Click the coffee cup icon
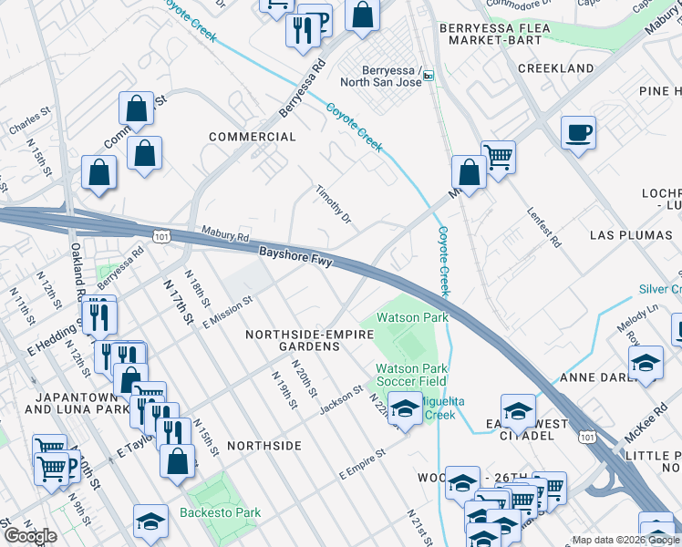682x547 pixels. pos(578,133)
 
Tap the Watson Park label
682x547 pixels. pos(412,318)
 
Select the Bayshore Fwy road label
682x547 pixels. pos(295,255)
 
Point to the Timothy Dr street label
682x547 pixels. pos(333,206)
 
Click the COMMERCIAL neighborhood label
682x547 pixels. pos(253,137)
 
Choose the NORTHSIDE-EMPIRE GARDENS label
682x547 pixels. pos(310,341)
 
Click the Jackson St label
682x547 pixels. pos(341,401)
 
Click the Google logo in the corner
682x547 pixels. pos(30,536)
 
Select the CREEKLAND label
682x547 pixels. pos(555,68)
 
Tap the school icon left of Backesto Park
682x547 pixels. pos(150,521)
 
